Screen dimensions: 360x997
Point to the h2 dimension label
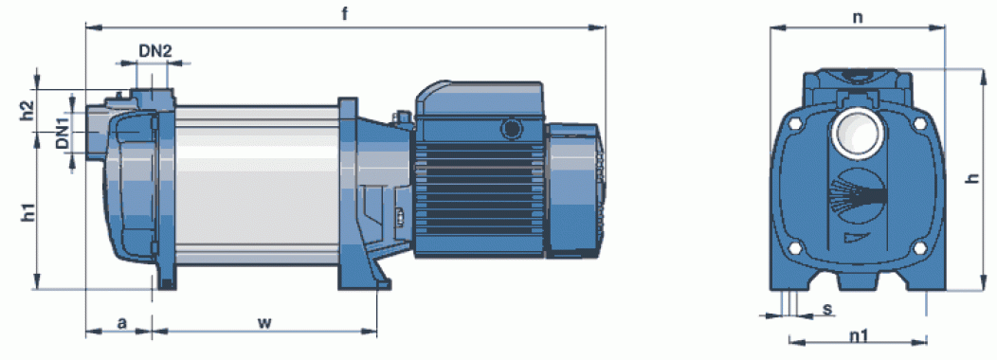[27, 110]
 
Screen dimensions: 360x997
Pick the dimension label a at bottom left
[121, 323]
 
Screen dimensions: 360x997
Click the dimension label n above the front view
[858, 16]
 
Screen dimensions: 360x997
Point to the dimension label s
[827, 310]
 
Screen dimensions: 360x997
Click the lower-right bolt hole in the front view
[917, 250]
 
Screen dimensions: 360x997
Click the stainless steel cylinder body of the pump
[256, 180]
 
